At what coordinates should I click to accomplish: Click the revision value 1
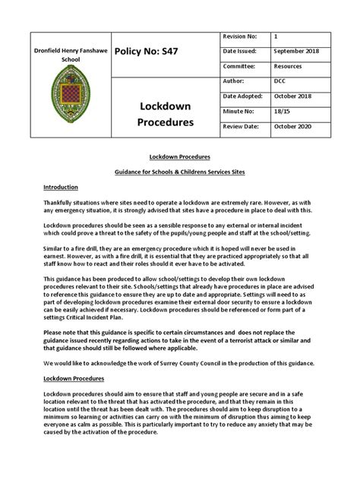(275, 36)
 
